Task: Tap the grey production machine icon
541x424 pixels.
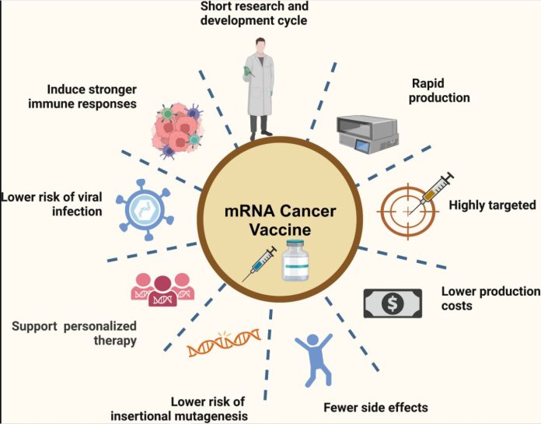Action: coord(368,135)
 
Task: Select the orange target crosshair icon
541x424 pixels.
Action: coord(408,211)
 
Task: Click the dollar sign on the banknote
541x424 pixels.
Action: coord(393,303)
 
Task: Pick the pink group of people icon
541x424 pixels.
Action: coord(162,289)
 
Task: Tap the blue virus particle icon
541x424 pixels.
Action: coord(145,210)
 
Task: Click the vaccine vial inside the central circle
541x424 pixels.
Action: coord(295,261)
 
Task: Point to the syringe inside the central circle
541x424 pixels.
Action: coord(260,264)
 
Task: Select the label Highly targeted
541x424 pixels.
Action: coord(492,205)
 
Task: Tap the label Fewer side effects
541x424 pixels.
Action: coord(375,408)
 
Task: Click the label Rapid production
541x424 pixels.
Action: coord(439,90)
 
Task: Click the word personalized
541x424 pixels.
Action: coord(100,326)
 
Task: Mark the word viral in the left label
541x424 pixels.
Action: coord(89,197)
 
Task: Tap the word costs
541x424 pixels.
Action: coord(457,306)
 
